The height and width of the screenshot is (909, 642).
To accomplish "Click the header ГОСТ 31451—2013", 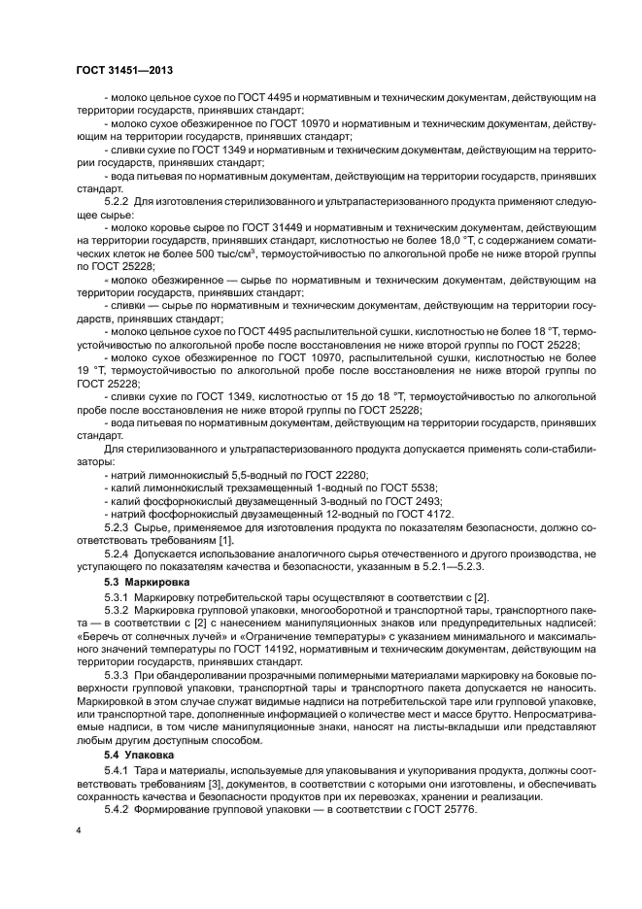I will point(123,70).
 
